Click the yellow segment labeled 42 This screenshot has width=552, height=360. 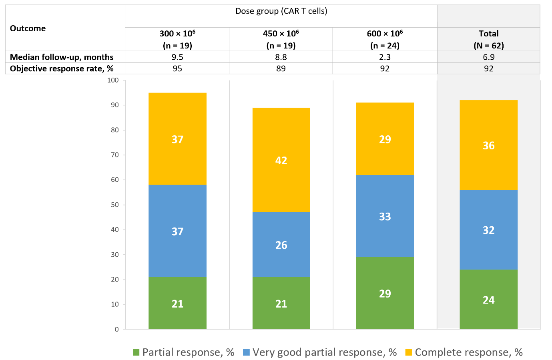tap(281, 160)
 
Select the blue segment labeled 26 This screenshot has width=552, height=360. tap(281, 244)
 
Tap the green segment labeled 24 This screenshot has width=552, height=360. tap(488, 300)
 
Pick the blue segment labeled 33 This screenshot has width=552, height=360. tap(385, 216)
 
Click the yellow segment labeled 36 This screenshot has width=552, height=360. tap(488, 145)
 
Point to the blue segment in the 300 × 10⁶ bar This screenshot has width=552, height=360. tap(177, 231)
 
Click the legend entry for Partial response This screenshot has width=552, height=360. tap(184, 352)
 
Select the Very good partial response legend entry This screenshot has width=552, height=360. tap(319, 352)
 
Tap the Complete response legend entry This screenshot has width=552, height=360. tap(464, 352)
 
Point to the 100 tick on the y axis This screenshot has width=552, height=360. tap(113, 80)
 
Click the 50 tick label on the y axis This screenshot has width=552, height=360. tap(115, 205)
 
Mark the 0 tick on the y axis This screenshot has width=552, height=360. tap(117, 329)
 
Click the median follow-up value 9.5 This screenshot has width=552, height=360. tap(177, 57)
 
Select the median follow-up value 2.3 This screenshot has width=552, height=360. tap(385, 57)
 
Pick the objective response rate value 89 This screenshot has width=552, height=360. tap(281, 68)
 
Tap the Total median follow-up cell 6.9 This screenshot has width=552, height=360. tap(488, 57)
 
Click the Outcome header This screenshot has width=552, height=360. tap(28, 28)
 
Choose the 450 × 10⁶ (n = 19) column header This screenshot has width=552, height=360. tap(281, 39)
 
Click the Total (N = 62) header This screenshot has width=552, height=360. tap(488, 39)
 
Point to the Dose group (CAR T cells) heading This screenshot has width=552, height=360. tap(281, 11)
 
